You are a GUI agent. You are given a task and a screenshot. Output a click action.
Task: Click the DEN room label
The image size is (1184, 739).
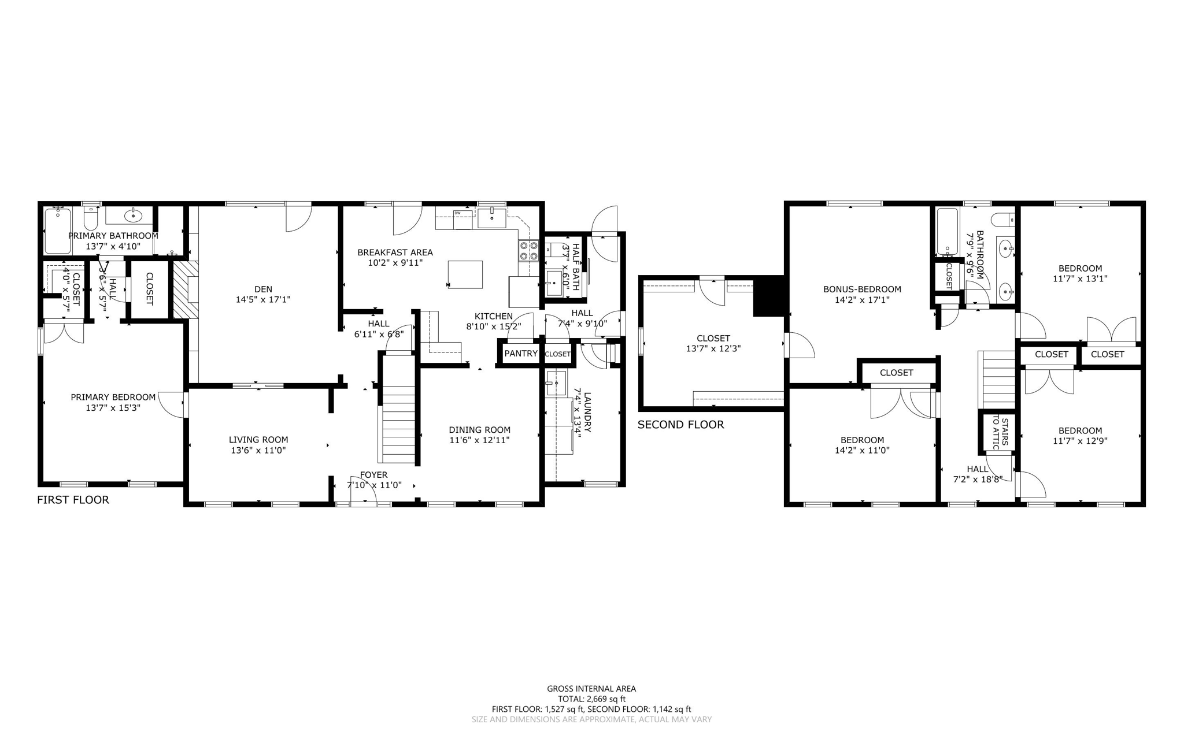263,289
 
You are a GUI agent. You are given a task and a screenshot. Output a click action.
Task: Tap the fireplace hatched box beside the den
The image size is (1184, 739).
186,289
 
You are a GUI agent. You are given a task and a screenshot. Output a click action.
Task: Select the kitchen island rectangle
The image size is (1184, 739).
465,274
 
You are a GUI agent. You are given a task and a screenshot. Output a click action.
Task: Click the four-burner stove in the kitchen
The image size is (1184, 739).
528,251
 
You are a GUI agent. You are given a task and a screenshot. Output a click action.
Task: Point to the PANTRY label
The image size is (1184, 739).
521,354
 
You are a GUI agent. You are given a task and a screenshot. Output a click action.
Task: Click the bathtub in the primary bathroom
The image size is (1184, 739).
57,231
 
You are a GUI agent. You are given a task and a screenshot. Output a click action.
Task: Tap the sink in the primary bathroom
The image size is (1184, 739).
134,217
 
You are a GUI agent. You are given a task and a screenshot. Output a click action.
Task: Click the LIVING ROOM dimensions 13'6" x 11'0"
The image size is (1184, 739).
258,450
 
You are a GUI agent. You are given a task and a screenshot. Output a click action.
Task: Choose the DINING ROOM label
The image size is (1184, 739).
479,430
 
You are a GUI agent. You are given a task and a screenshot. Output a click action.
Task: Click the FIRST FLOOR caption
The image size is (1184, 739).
73,500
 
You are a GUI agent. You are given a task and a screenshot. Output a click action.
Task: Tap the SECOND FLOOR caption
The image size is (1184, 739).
680,425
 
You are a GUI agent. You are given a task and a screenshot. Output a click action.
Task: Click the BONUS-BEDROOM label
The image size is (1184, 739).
862,289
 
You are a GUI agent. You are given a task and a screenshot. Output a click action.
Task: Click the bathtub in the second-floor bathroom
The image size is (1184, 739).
947,232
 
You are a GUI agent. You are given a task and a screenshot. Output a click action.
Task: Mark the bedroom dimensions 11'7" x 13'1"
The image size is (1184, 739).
1080,278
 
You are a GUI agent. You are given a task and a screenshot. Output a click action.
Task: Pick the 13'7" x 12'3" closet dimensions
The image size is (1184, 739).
713,348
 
